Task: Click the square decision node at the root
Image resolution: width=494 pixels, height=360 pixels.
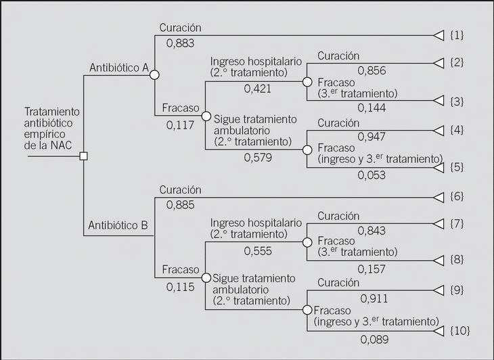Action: point(83,156)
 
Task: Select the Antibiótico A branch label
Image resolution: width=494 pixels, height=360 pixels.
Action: point(119,68)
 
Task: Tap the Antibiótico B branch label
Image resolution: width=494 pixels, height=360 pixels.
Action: point(119,225)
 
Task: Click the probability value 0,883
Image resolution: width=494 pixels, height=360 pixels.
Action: point(180,43)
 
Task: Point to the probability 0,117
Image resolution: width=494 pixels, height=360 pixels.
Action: point(180,125)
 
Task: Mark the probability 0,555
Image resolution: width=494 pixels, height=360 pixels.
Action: point(258,250)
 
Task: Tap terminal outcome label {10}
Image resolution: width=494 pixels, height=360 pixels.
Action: point(460,330)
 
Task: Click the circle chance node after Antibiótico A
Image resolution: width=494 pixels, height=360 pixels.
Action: point(154,74)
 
